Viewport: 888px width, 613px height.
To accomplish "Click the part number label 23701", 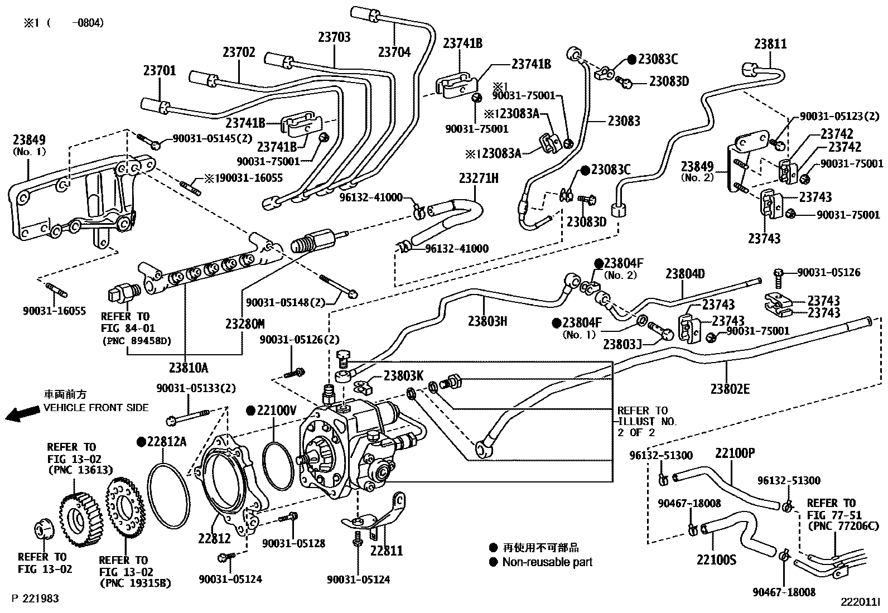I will pyautogui.click(x=160, y=71).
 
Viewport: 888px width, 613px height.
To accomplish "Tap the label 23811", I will pyautogui.click(x=770, y=44).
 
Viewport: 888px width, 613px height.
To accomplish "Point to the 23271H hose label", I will pyautogui.click(x=479, y=178).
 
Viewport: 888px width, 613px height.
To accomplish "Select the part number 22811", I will pyautogui.click(x=386, y=551).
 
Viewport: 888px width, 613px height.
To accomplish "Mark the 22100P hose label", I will pyautogui.click(x=735, y=453).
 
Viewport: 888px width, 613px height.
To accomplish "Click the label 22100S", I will pyautogui.click(x=716, y=559).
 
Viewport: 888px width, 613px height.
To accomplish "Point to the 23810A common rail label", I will pyautogui.click(x=189, y=368).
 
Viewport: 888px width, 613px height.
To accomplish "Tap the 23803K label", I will pyautogui.click(x=404, y=376).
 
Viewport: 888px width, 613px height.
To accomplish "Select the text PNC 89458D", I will pyautogui.click(x=137, y=341).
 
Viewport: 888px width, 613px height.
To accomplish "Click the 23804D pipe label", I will pyautogui.click(x=685, y=274).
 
